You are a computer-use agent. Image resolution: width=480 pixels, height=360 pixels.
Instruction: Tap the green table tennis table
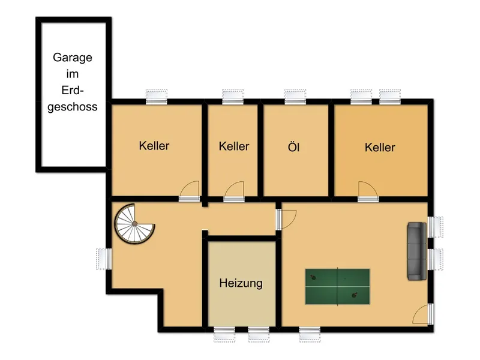click(337, 286)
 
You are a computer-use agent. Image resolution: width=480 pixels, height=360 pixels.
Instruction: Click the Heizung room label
click(241, 283)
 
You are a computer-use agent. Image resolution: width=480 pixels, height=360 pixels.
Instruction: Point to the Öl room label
click(294, 146)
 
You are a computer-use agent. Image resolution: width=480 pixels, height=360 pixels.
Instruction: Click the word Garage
click(73, 58)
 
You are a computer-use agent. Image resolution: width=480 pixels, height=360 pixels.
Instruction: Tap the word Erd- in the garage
click(72, 91)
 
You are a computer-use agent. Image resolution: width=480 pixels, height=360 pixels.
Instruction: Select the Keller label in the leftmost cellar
click(154, 146)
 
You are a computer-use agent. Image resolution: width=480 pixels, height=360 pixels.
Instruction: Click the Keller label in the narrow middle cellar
click(234, 146)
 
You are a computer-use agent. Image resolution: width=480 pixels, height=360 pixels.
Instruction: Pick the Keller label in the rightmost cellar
click(380, 147)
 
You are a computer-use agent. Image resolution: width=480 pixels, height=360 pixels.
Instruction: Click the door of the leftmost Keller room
click(190, 190)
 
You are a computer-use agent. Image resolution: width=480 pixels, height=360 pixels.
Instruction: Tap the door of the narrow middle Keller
click(234, 190)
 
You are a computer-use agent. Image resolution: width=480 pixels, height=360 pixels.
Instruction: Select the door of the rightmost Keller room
click(368, 190)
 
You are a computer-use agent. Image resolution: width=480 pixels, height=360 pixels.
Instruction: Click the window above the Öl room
click(295, 95)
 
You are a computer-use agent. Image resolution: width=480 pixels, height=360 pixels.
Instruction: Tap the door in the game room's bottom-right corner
click(423, 314)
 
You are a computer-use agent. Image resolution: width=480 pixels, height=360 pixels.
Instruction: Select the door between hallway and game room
click(284, 218)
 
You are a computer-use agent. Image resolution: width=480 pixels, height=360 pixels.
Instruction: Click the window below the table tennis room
click(310, 332)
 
